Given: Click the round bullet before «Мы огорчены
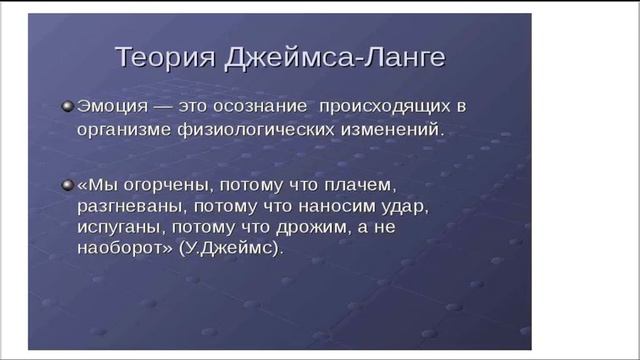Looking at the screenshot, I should point(66,186).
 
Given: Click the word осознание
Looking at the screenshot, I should point(258,106).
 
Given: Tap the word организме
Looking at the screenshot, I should point(124,129).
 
